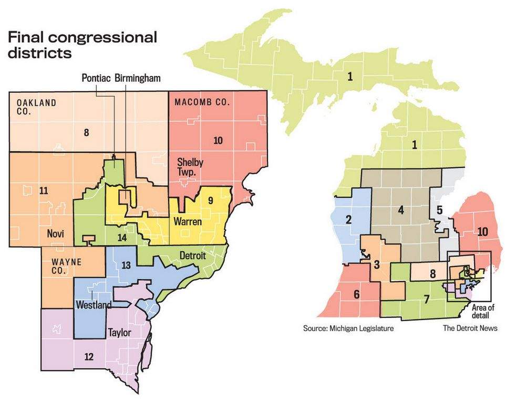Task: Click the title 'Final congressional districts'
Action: [81, 45]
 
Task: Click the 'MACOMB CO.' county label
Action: [202, 103]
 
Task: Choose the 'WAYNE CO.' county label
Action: [63, 266]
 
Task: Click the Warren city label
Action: [185, 222]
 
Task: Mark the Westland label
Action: [93, 305]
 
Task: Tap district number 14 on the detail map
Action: [122, 238]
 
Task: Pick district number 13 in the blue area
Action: [126, 265]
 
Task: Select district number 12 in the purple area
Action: [89, 357]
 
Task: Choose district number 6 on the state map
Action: [356, 294]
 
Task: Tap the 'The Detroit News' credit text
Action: [470, 328]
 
